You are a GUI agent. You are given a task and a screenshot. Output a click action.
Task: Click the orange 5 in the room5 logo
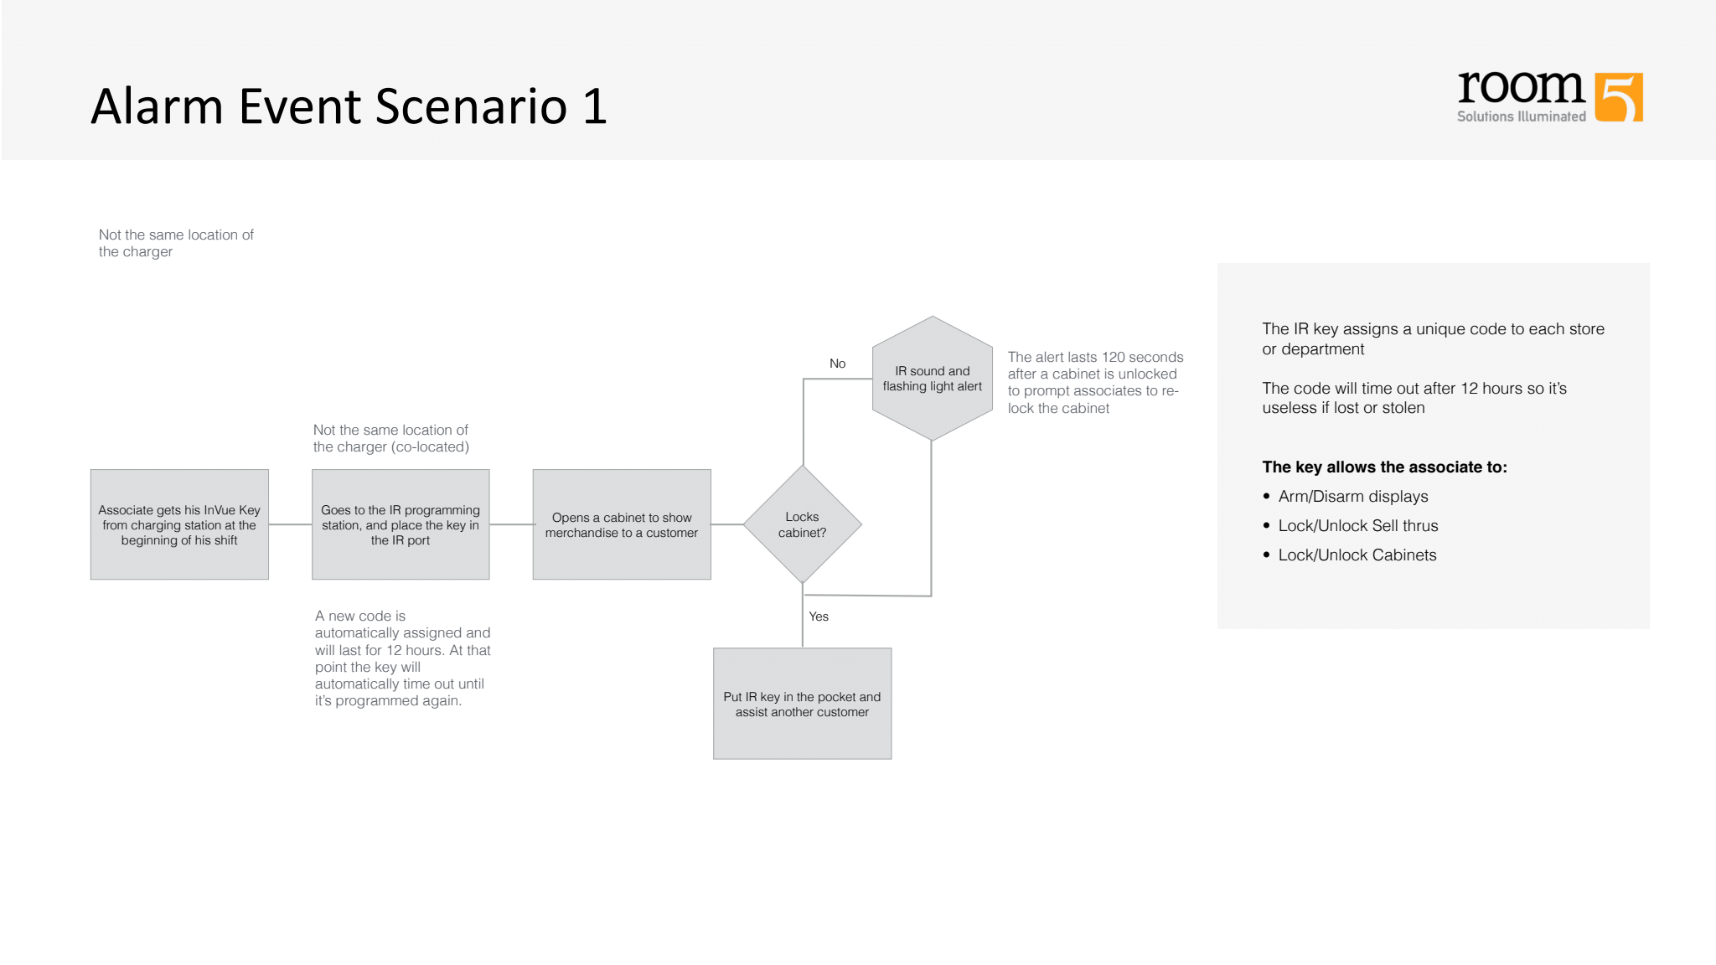[1619, 97]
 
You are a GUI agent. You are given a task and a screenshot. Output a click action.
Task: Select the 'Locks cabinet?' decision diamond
[803, 524]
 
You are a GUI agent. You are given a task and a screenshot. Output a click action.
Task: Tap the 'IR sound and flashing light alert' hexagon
[932, 379]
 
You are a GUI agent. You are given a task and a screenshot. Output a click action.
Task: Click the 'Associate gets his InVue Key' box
[179, 524]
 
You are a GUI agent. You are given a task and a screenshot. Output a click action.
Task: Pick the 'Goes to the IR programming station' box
[401, 524]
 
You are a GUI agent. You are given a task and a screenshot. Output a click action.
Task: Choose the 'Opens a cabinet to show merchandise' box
[622, 524]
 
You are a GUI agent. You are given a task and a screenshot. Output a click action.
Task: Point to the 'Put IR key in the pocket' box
[802, 704]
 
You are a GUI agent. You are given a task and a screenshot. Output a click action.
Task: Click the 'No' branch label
[837, 364]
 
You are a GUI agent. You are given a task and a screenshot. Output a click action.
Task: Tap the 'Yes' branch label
[819, 617]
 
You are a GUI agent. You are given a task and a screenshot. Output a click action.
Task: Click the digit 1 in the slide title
[594, 106]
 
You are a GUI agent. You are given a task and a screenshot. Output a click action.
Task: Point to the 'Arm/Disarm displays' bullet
[1352, 497]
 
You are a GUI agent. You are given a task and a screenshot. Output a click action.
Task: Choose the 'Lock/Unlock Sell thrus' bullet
[1357, 526]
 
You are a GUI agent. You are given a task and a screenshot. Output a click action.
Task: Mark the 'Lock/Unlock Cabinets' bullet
[1357, 555]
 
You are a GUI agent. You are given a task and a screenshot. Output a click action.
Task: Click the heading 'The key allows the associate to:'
[1384, 467]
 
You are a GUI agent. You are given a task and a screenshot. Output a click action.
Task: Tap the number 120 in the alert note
[1113, 358]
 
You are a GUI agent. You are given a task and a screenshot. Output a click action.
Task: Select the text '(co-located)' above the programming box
[432, 447]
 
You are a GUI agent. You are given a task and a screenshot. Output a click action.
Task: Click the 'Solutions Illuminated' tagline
[1521, 116]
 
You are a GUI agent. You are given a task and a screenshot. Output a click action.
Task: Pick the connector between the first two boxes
[290, 524]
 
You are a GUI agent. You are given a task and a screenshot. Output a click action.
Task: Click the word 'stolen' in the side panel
[1403, 408]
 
